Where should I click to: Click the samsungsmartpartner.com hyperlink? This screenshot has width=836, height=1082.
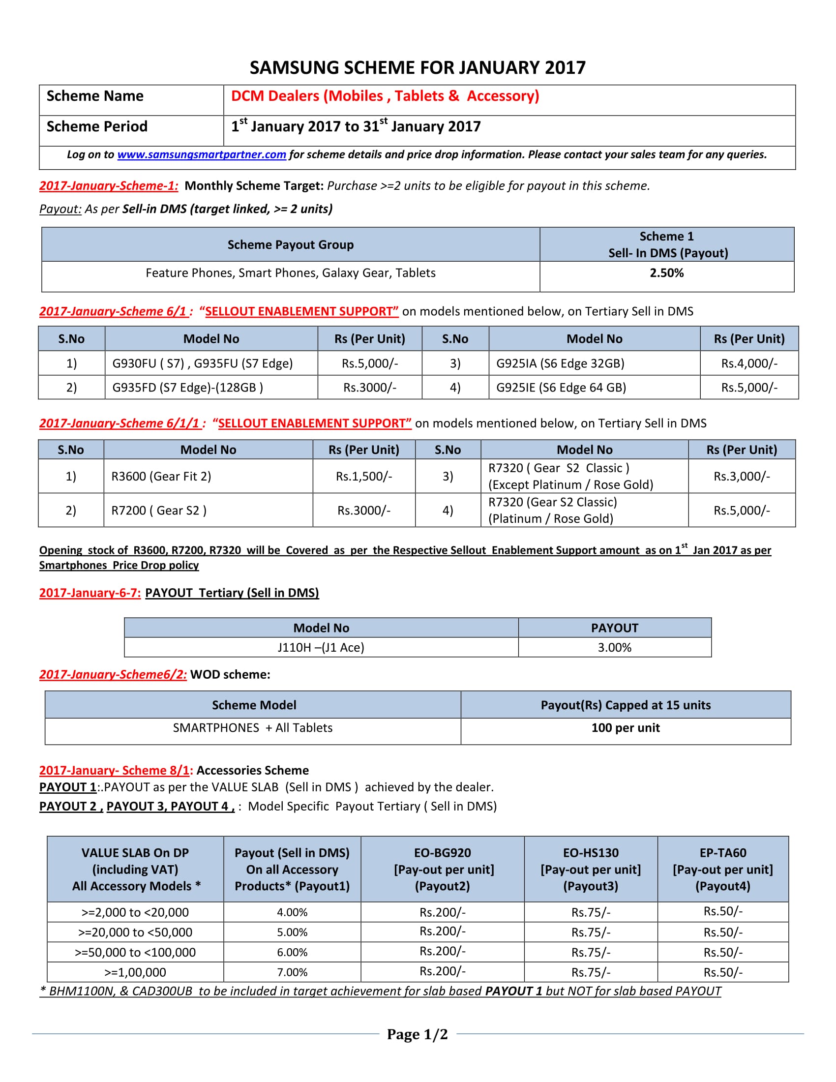[x=202, y=154]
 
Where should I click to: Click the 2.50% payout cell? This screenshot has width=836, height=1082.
[x=666, y=273]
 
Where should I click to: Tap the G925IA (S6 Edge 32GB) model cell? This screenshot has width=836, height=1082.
[x=560, y=363]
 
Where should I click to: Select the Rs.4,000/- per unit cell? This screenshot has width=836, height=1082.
[x=749, y=363]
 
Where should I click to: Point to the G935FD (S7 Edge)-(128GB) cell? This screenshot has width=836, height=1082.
[x=187, y=388]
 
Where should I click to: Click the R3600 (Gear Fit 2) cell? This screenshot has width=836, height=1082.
[x=161, y=476]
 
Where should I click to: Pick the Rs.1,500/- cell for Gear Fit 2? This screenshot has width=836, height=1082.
[x=363, y=476]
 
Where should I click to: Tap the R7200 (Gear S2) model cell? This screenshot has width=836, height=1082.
[x=158, y=511]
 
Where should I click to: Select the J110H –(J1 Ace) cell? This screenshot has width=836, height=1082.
[x=321, y=648]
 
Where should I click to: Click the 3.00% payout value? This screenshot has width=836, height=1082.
[x=614, y=648]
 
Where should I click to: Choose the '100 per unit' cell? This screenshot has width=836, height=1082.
[x=625, y=728]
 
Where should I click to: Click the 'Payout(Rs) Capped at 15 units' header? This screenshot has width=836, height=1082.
[x=625, y=705]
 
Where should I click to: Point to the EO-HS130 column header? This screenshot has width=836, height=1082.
[x=590, y=869]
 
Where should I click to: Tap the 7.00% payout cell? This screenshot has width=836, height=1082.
[x=292, y=972]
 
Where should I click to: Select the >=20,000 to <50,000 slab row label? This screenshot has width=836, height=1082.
[x=135, y=932]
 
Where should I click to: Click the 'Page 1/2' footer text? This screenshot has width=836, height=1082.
[x=417, y=1034]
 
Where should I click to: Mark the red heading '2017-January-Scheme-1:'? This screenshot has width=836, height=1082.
[x=109, y=186]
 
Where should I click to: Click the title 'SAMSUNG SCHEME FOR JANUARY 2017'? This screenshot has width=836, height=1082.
[x=417, y=67]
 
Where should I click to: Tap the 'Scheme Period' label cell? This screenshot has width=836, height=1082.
[x=97, y=127]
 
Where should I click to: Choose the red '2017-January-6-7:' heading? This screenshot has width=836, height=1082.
[x=90, y=593]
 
